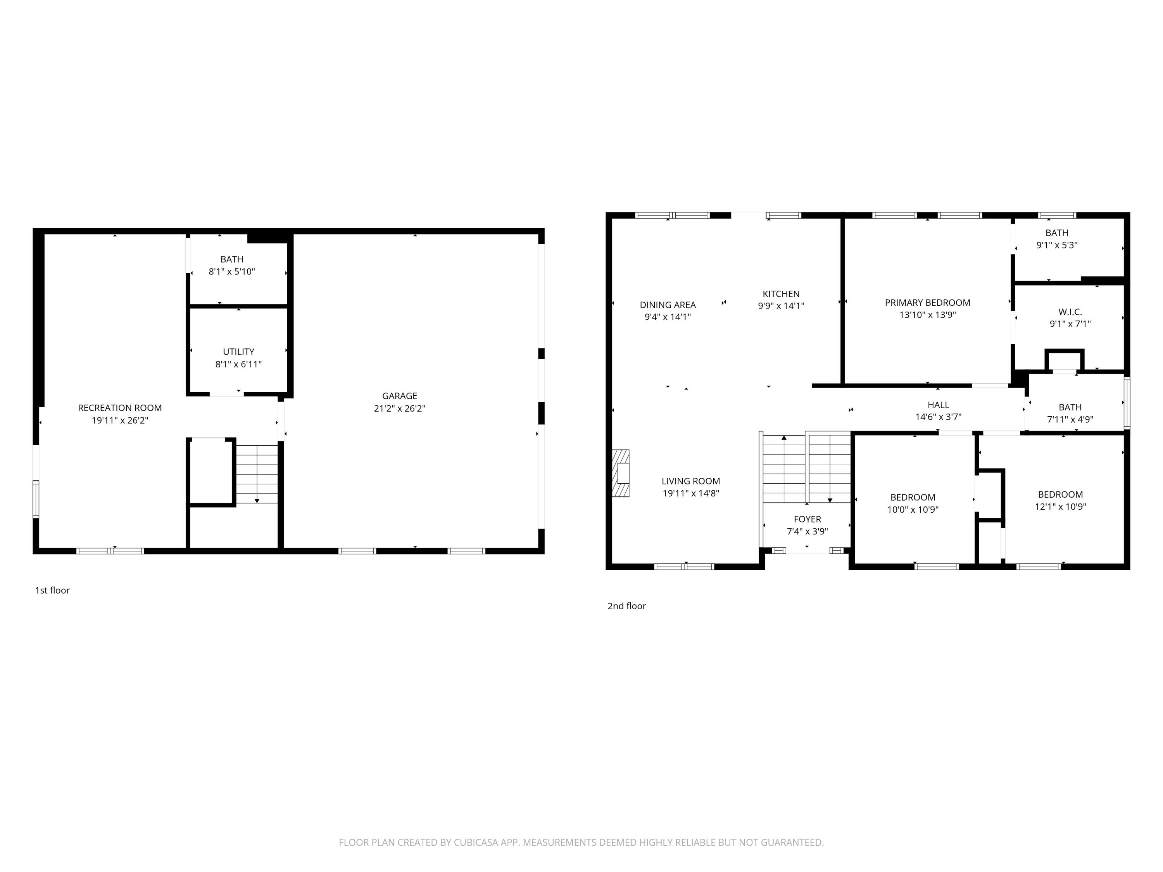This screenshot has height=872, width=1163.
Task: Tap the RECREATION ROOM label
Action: tap(120, 408)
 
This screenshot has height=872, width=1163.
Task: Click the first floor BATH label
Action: tap(232, 259)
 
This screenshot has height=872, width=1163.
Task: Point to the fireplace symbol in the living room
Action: tap(621, 473)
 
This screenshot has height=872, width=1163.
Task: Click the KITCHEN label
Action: tap(781, 294)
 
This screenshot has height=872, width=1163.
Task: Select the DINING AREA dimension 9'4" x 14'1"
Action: tap(667, 317)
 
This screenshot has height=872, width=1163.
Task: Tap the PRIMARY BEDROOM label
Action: tap(927, 303)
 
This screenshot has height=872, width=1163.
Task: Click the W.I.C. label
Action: tap(1070, 312)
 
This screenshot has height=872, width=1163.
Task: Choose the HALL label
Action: tap(938, 405)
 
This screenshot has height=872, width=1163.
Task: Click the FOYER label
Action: tap(807, 519)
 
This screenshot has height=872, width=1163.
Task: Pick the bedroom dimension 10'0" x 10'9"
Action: tap(912, 509)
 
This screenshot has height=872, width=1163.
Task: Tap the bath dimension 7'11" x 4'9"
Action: tap(1070, 419)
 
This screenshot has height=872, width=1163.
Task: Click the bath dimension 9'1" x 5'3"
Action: tap(1056, 245)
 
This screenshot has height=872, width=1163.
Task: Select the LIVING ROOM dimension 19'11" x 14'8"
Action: tap(690, 493)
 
